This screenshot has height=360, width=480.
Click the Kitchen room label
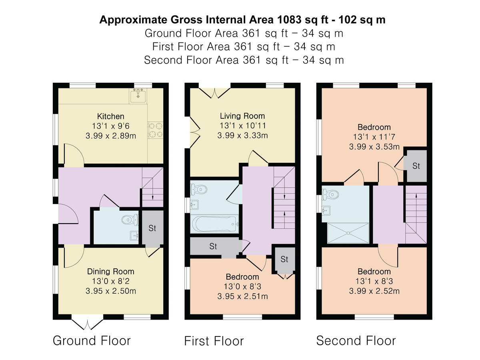point(110,116)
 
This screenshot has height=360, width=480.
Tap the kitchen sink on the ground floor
point(138,96)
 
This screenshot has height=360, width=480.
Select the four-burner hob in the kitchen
point(156,130)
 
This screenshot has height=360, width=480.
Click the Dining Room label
point(111,272)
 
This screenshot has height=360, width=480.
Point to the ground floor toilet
point(130,220)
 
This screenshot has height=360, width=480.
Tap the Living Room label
point(242,116)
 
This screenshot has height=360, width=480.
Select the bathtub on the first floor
point(214,224)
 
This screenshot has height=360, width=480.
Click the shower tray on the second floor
point(348,233)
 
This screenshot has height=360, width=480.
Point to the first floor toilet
point(199,189)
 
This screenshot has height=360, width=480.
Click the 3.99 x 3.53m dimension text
point(374,147)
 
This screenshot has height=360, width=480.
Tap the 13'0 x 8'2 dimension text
point(111,281)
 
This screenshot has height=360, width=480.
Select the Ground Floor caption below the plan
point(92,341)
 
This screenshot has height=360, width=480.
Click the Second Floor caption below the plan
point(356,341)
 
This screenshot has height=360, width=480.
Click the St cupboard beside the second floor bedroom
point(416,166)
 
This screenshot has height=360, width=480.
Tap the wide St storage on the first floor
point(213,246)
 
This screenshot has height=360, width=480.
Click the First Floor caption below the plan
point(214,341)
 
